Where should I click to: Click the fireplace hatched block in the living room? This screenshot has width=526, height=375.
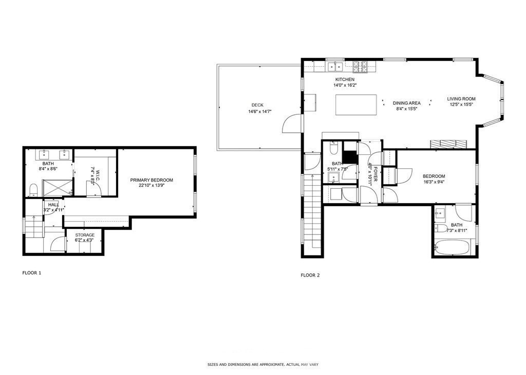coord(449,144)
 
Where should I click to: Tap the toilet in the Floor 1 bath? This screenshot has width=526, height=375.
coord(33,190)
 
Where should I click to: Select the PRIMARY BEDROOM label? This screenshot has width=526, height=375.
coord(152,180)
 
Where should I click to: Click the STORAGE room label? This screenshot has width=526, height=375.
coord(85,235)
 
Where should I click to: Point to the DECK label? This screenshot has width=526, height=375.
coord(257,105)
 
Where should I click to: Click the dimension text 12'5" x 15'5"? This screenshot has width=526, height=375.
coord(461,105)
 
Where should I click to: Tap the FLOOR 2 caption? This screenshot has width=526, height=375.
coord(310,275)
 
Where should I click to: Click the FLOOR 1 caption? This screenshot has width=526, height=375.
coord(32,273)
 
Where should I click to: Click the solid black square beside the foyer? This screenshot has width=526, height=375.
coord(350,155)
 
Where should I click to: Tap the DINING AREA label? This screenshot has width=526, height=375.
coord(407,103)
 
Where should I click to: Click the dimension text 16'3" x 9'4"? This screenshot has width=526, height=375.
coord(434,181)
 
